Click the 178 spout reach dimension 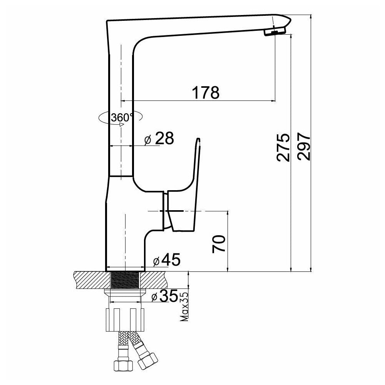[206, 92]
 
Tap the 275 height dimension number [283, 147]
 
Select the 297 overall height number [304, 147]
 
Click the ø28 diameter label [159, 139]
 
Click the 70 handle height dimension [219, 244]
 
